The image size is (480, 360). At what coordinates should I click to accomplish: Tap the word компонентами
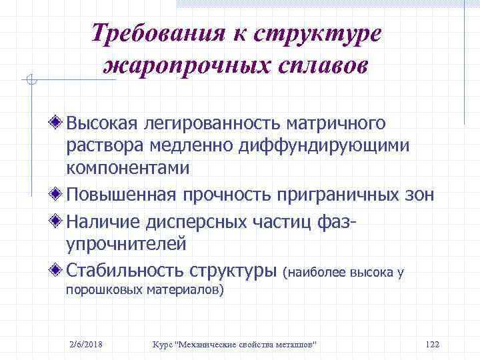pos(128,168)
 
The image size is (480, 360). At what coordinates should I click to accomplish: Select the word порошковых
pos(98,291)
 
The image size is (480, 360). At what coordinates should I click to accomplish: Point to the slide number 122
pos(432,344)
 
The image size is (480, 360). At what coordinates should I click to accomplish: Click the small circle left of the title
pos(31,81)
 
